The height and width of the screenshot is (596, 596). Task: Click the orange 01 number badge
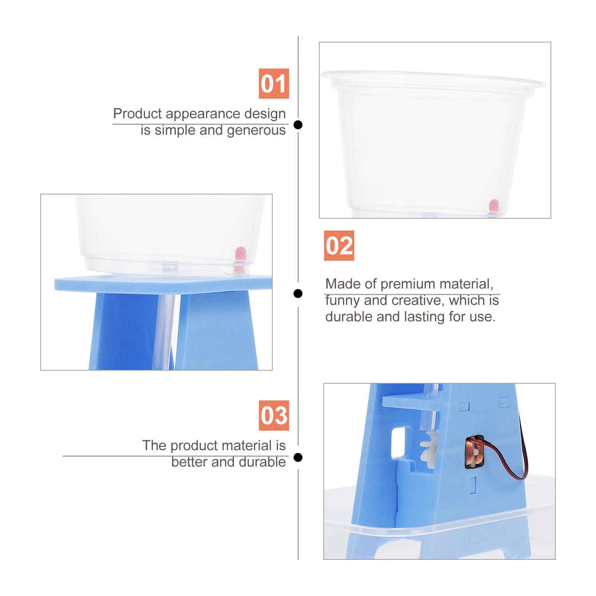274,83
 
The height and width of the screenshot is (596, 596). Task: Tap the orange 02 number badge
339,245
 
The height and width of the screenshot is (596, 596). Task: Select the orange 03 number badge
274,415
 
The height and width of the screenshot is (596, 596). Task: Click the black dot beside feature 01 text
298,125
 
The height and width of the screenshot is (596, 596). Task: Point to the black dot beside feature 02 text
298,294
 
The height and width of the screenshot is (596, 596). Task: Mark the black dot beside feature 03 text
298,457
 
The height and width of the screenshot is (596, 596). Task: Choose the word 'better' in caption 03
189,462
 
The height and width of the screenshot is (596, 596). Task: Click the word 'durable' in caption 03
262,462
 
